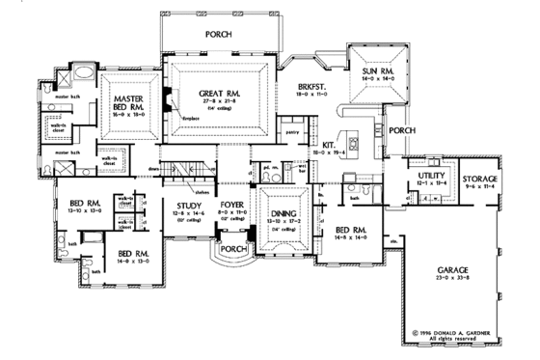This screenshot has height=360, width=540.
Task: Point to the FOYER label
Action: tap(231, 204)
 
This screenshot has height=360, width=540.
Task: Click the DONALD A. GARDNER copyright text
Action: tap(459, 332)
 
